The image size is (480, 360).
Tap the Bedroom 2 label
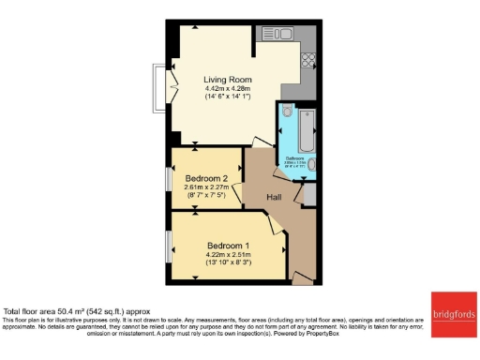[x=207, y=178]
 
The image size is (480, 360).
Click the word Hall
[x=275, y=198]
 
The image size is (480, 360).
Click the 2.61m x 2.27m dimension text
[x=207, y=187]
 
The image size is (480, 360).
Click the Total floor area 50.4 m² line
[x=74, y=310]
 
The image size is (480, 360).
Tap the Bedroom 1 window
[x=169, y=246]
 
